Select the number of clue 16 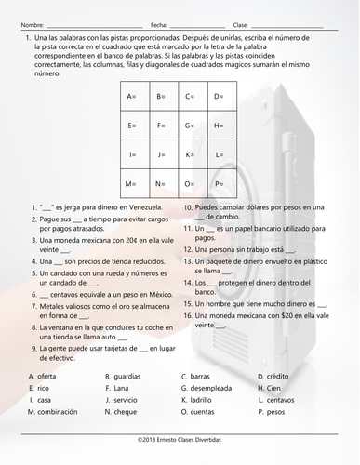[x=187, y=316]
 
